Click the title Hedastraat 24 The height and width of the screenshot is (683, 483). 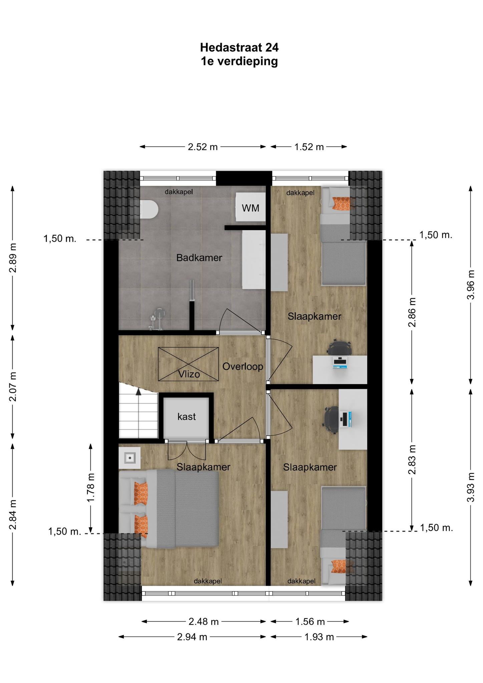point(239,48)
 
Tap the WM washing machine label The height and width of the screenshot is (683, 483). point(251,208)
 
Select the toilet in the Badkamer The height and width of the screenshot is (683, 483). point(148,209)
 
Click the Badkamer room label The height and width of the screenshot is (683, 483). point(199,258)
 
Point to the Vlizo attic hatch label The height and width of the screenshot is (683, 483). point(189,374)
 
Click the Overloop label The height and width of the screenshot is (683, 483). point(243,367)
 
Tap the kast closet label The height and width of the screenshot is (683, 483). point(186,417)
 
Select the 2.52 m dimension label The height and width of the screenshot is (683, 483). point(202,147)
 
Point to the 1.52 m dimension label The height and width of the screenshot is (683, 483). point(309,147)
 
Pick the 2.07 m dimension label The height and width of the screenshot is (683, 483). point(13,387)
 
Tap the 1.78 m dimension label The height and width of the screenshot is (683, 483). point(91,487)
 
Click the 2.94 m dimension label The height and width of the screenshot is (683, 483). point(192,637)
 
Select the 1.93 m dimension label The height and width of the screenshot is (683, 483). point(319,637)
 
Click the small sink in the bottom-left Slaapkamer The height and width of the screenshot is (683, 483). point(129,458)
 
